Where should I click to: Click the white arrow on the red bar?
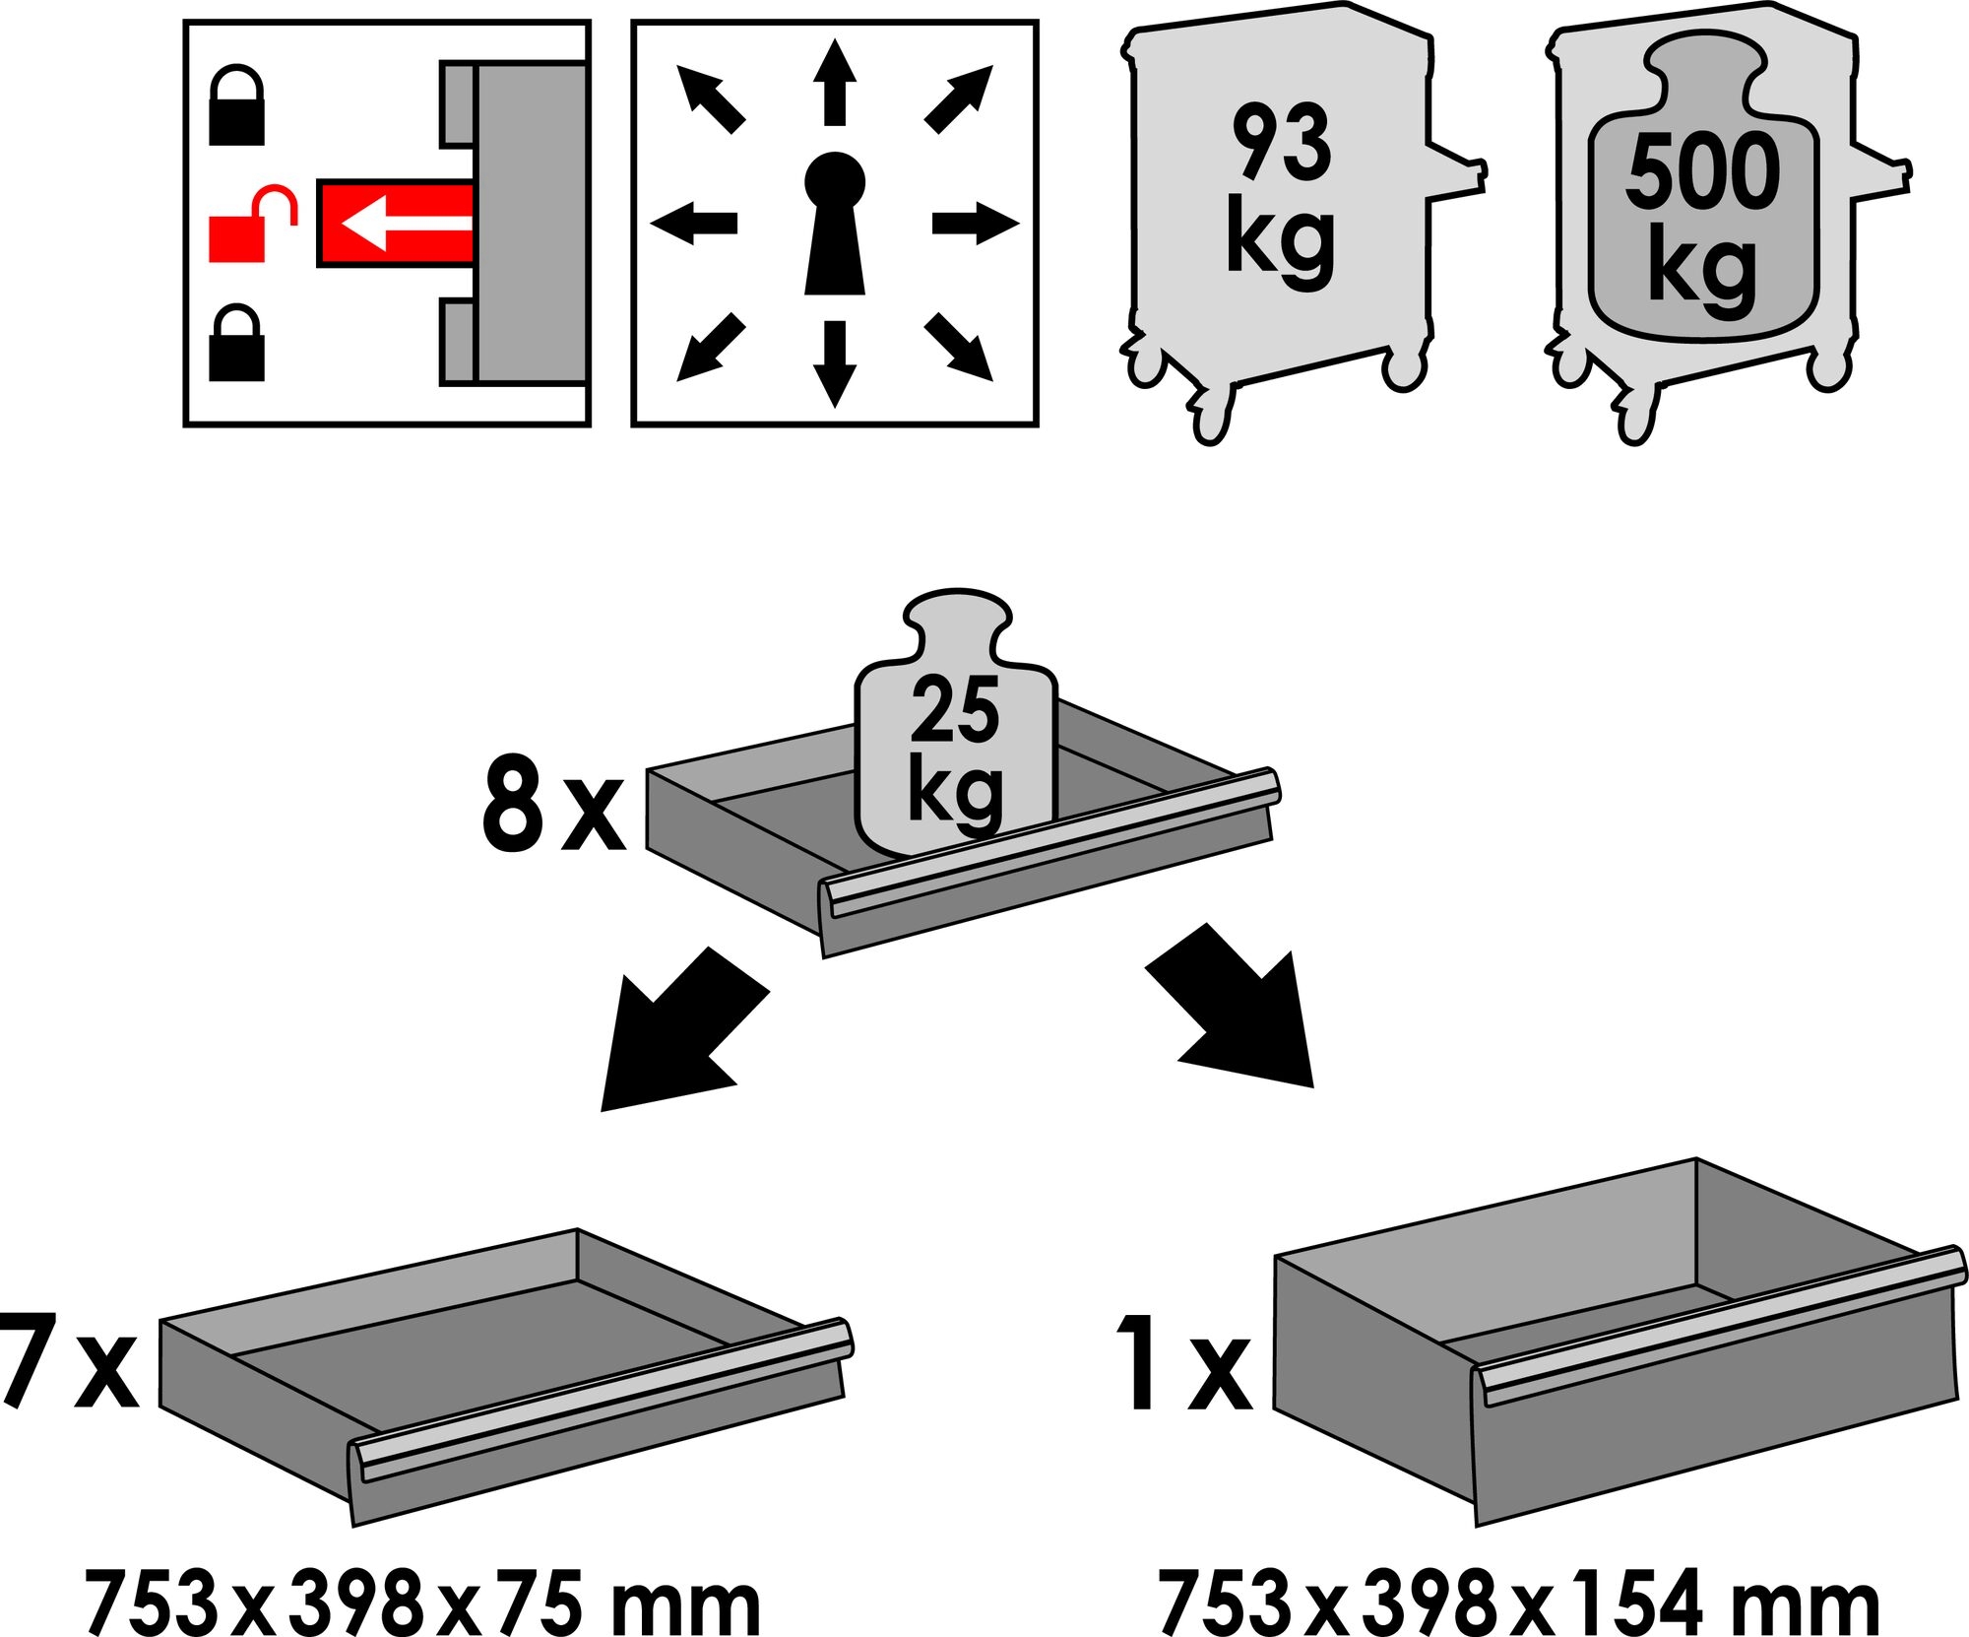tap(404, 223)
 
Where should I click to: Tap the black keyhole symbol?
tap(834, 224)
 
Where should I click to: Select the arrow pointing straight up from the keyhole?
tap(834, 82)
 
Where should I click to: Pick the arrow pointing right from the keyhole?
tap(975, 225)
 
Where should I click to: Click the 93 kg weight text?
tap(1281, 193)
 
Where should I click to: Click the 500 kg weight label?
tap(1702, 223)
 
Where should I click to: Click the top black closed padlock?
tap(236, 106)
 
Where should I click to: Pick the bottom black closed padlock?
tap(236, 343)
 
